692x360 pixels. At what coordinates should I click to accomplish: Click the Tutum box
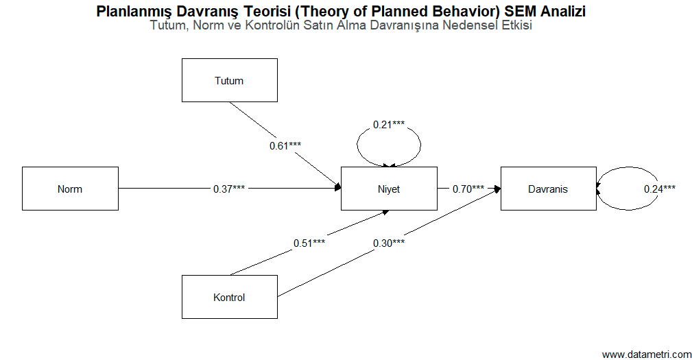pos(229,80)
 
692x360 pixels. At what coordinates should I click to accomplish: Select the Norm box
pos(70,189)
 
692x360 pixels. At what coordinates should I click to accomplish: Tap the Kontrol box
pos(229,297)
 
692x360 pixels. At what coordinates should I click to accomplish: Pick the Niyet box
pos(388,189)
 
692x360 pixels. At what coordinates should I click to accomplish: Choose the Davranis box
pos(548,189)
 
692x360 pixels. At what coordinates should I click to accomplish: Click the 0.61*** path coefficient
pos(285,145)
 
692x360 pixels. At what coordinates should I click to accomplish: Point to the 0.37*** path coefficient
pos(229,189)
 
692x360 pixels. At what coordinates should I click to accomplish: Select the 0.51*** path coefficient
pos(309,243)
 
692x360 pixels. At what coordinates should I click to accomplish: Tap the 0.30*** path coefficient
pos(389,243)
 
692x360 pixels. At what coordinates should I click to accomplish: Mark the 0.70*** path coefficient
pos(468,189)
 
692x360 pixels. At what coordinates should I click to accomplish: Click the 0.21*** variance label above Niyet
pos(389,124)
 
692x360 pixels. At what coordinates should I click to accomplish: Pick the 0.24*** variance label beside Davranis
pos(660,189)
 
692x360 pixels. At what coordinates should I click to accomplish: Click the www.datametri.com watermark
pos(647,354)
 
